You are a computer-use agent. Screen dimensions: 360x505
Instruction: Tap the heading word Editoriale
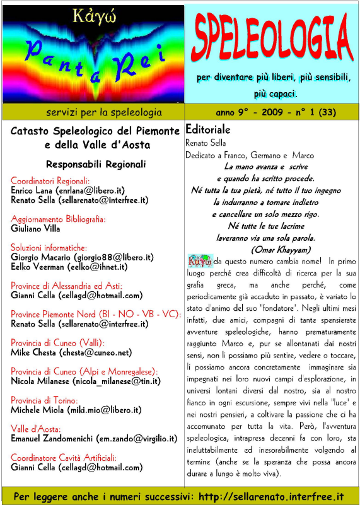coord(208,128)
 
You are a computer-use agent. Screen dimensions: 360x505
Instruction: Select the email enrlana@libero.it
coord(91,190)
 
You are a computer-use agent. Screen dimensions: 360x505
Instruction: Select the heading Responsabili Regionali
coord(96,164)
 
